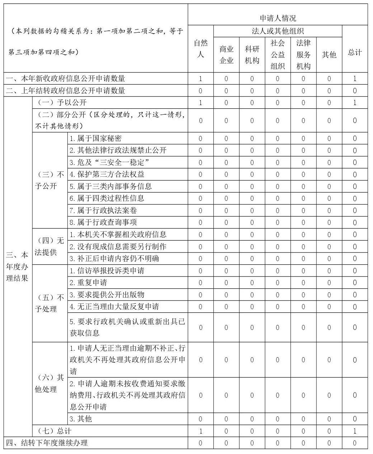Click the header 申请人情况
tap(278, 18)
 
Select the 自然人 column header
tap(200, 49)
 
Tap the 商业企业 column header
tap(226, 55)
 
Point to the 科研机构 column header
tap(252, 55)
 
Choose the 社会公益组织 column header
tap(278, 55)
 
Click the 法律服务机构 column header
tap(303, 55)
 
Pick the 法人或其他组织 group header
tap(278, 31)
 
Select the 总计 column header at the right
tap(355, 52)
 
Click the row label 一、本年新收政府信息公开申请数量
tap(65, 79)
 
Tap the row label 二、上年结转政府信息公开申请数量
tap(65, 91)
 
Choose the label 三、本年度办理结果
tap(17, 266)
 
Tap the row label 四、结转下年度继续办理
tap(47, 443)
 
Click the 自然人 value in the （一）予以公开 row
tap(200, 103)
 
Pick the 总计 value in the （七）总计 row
tap(355, 431)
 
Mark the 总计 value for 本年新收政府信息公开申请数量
tap(355, 79)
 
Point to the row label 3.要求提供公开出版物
tap(107, 295)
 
